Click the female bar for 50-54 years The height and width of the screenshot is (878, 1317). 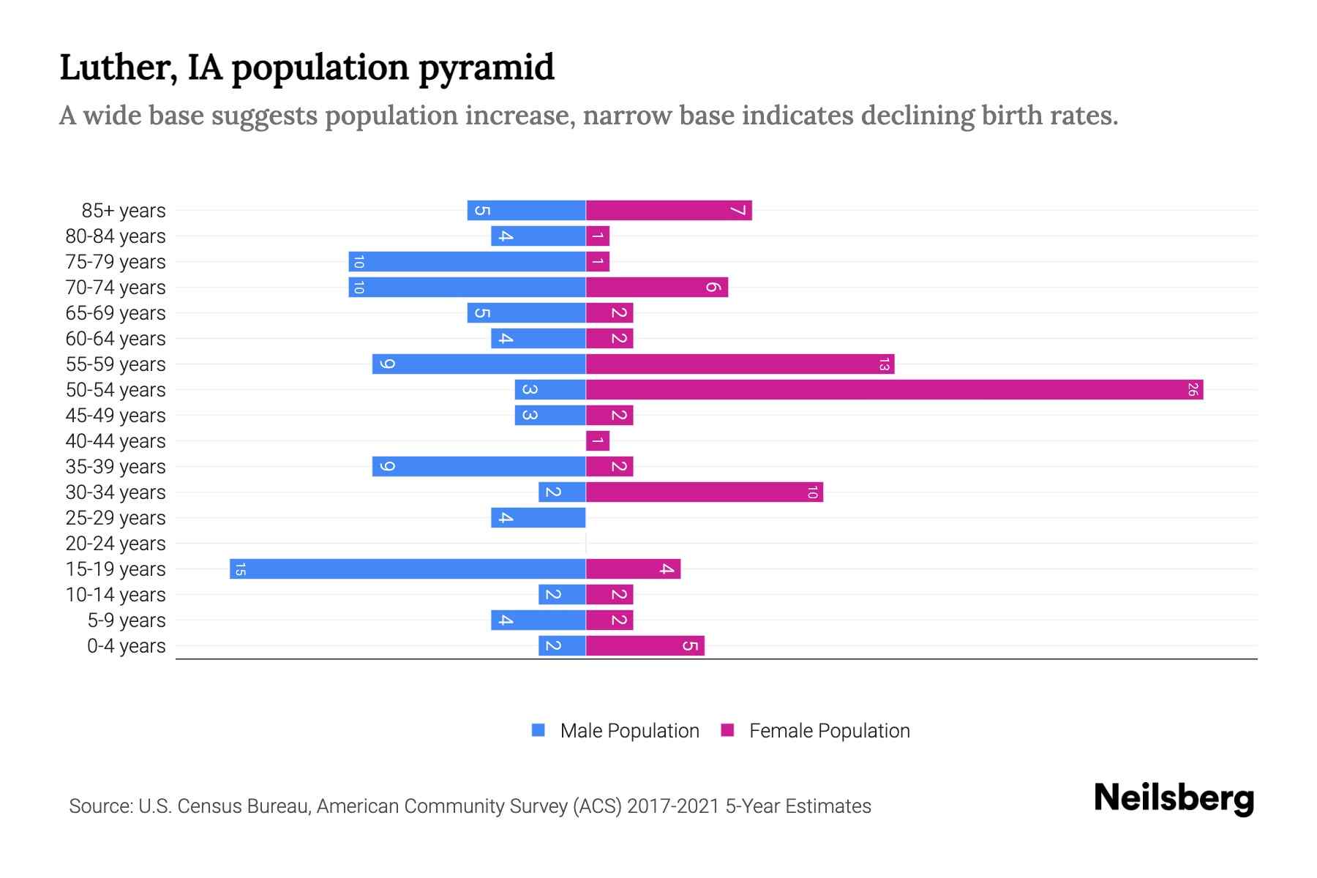(x=894, y=390)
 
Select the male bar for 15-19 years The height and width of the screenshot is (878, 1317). (x=408, y=569)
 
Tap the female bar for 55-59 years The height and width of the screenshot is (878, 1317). (x=740, y=364)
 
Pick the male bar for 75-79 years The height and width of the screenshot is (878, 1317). (x=467, y=262)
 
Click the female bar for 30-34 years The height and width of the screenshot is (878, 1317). (x=704, y=492)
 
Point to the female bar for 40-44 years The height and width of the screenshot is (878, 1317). (x=597, y=441)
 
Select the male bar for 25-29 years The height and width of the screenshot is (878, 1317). (x=538, y=518)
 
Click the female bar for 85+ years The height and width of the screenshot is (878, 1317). (x=669, y=211)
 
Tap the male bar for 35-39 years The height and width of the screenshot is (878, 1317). (x=479, y=467)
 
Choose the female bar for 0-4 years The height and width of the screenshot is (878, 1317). (x=645, y=646)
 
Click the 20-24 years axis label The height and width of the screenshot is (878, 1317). (x=116, y=544)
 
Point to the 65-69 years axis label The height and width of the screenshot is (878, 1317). (x=116, y=313)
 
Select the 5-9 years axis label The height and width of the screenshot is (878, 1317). (x=127, y=620)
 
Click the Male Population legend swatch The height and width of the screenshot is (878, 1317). (x=539, y=730)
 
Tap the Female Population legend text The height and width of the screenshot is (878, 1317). (x=829, y=731)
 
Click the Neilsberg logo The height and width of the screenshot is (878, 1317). (x=1174, y=798)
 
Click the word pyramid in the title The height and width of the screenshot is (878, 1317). (x=487, y=68)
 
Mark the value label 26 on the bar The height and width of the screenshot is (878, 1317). (x=1192, y=390)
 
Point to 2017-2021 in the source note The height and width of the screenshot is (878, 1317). (x=673, y=806)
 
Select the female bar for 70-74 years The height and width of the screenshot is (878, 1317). (x=656, y=288)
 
